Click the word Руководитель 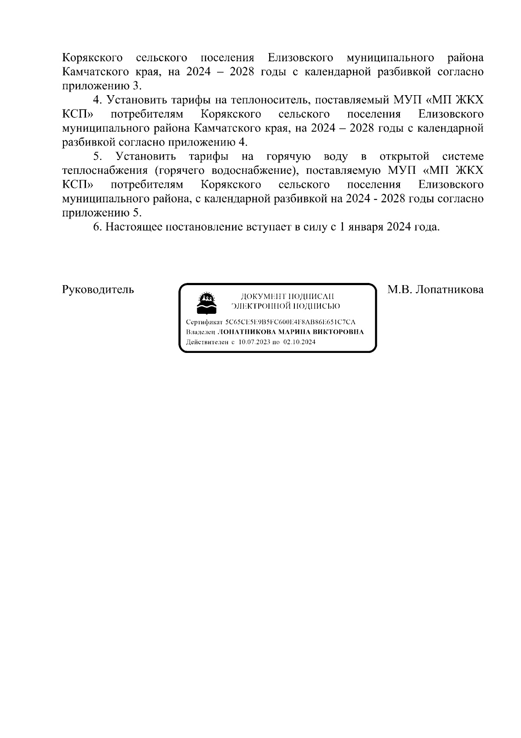pyautogui.click(x=98, y=289)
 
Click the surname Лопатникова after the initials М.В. pyautogui.click(x=449, y=289)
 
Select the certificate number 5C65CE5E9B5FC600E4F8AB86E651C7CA pyautogui.click(x=290, y=322)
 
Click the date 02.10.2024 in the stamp pyautogui.click(x=299, y=342)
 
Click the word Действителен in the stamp pyautogui.click(x=207, y=342)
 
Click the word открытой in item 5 pyautogui.click(x=404, y=156)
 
